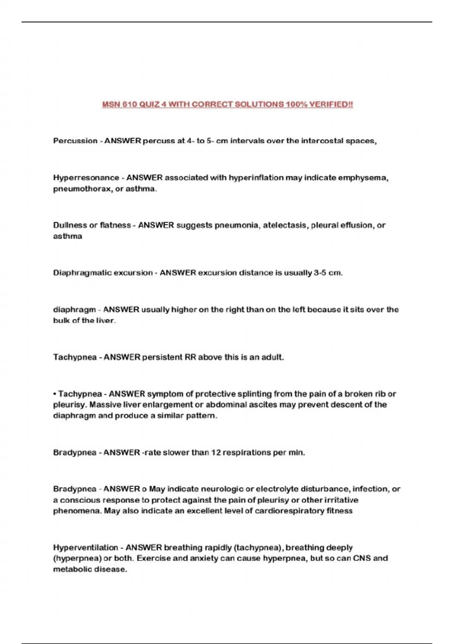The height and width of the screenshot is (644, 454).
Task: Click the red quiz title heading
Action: pyautogui.click(x=227, y=104)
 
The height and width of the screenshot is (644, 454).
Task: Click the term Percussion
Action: pyautogui.click(x=75, y=141)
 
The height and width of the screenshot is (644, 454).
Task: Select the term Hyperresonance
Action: pyautogui.click(x=86, y=178)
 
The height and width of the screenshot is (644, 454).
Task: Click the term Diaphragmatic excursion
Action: pyautogui.click(x=103, y=273)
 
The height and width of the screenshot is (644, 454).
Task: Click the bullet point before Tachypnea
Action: pyautogui.click(x=55, y=394)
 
